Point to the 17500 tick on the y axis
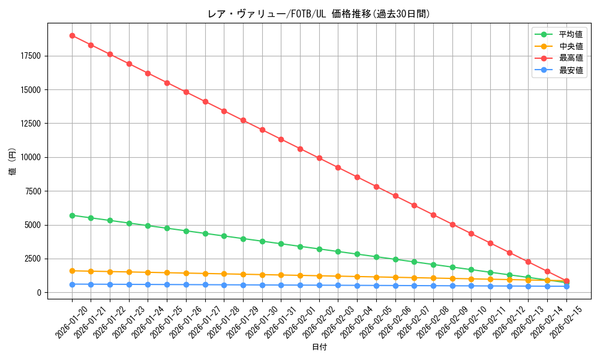(30, 56)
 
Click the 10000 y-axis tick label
(30, 157)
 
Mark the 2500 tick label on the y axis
(32, 259)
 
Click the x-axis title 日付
(319, 347)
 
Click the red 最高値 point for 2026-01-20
(72, 35)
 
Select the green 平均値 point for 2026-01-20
(72, 215)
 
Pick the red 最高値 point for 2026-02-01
(300, 149)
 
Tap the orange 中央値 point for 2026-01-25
(167, 272)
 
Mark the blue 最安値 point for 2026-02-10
(471, 286)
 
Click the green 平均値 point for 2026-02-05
(376, 257)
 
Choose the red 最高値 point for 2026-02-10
(471, 233)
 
